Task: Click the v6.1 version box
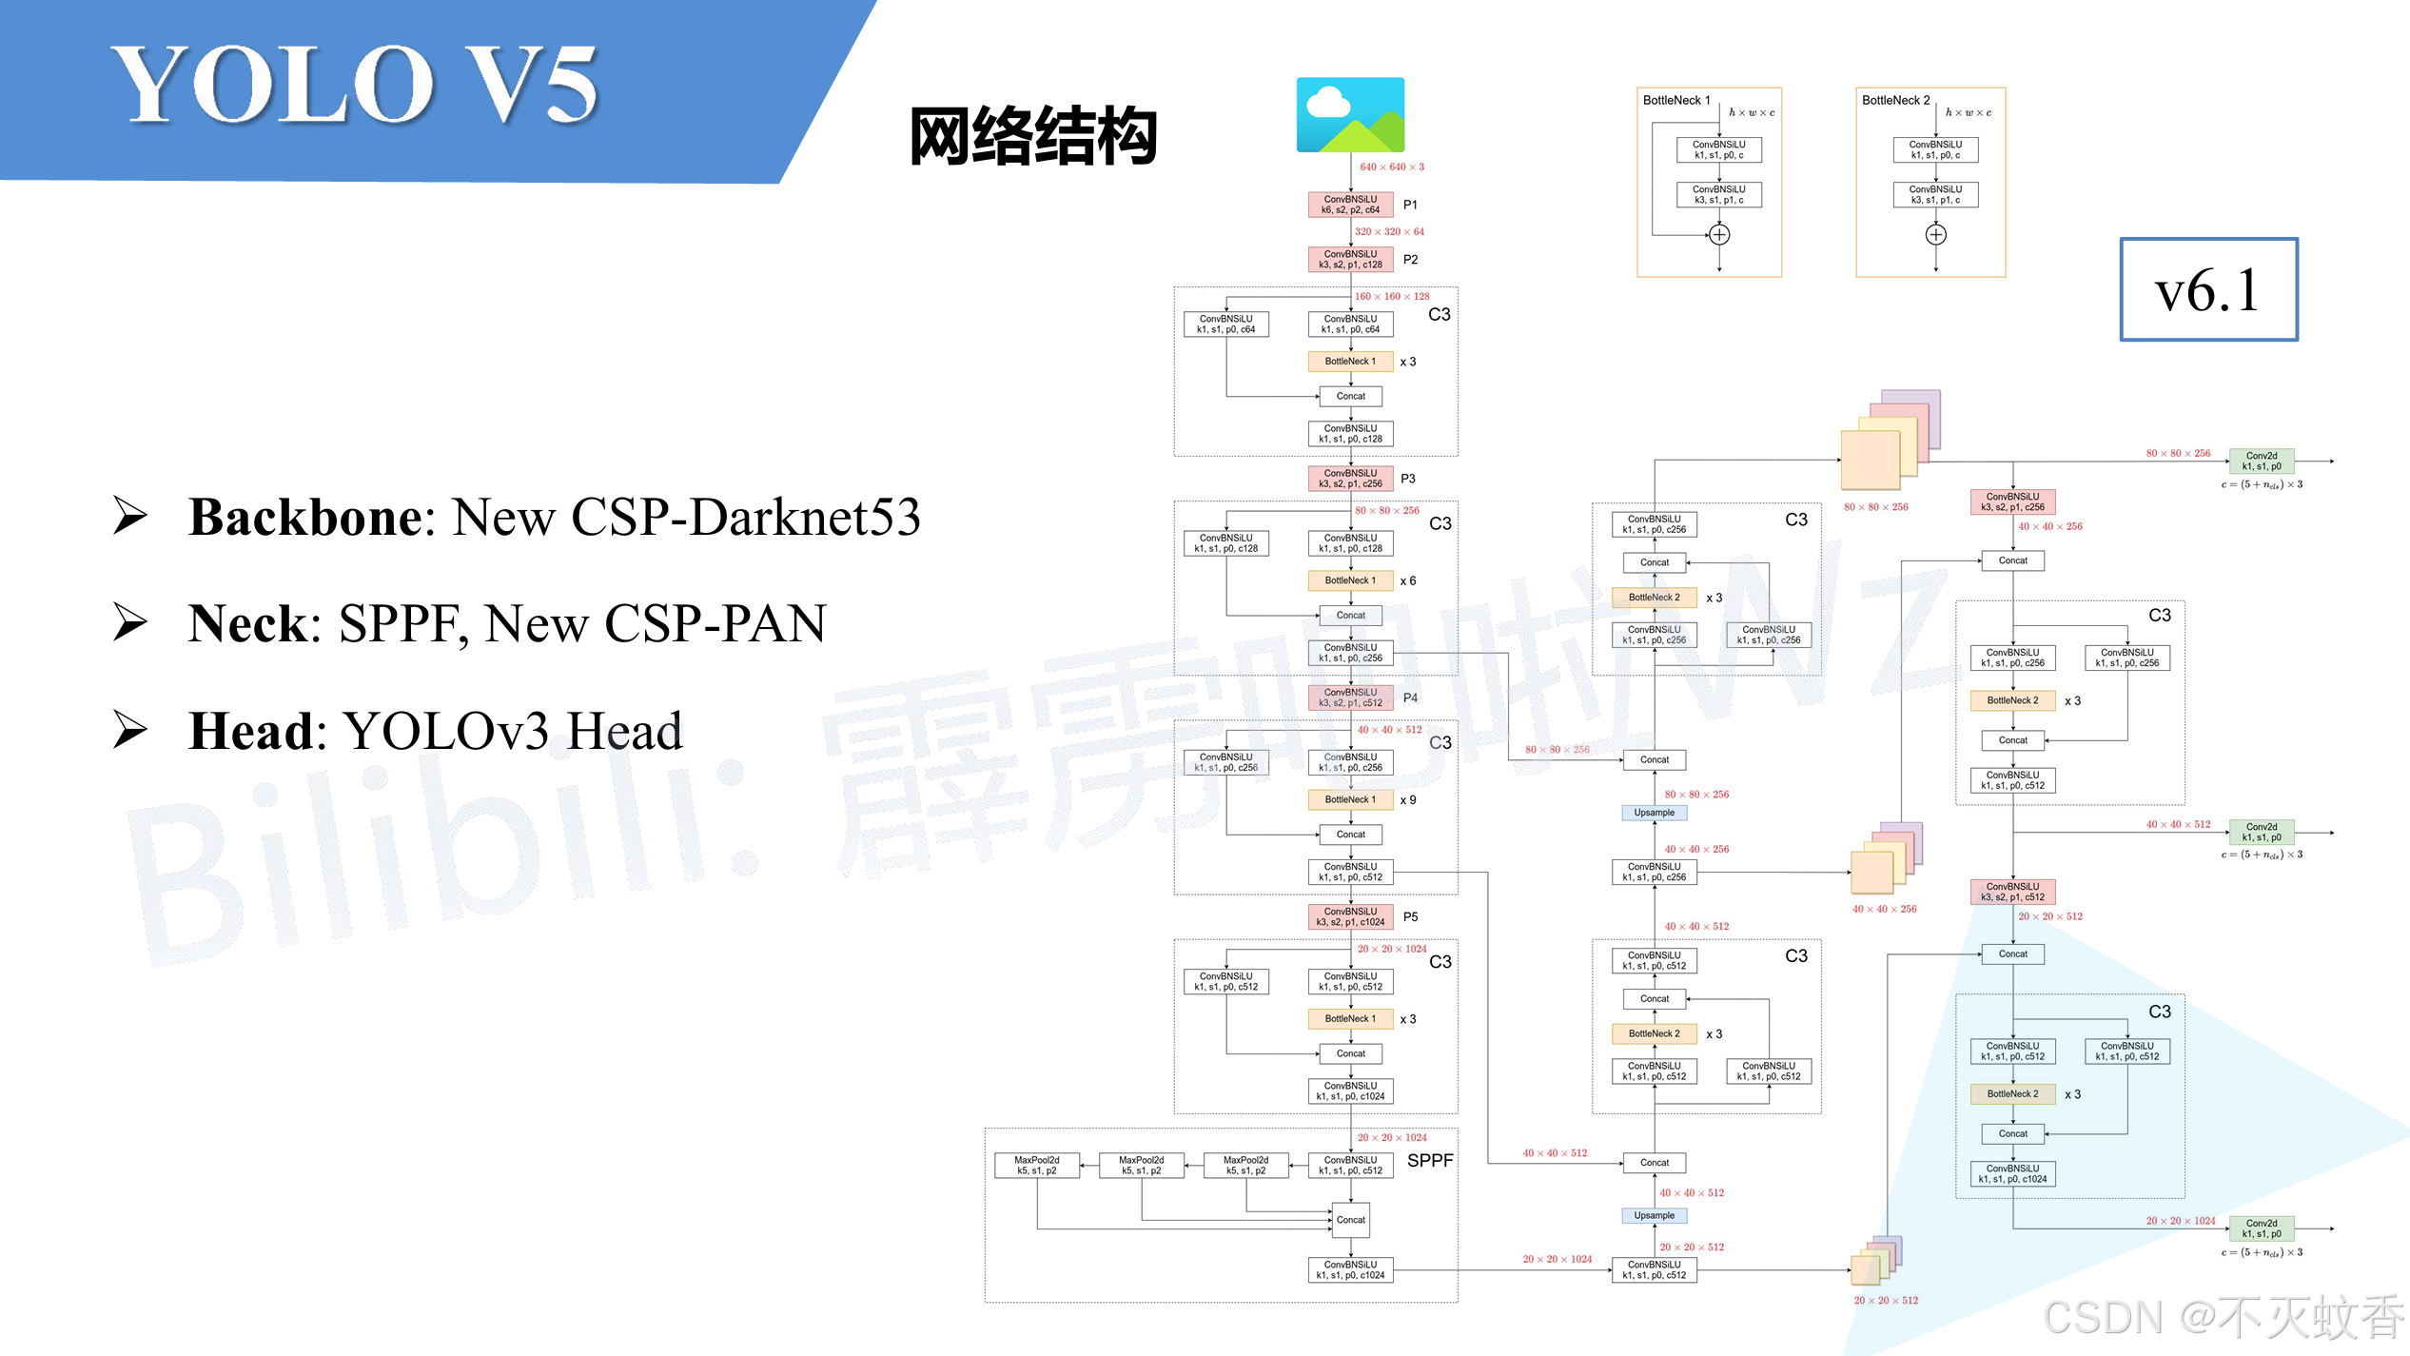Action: point(2208,289)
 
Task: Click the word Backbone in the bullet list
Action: point(304,518)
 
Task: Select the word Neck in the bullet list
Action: point(249,624)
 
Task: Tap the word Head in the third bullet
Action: point(251,732)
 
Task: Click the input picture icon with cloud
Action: point(1350,115)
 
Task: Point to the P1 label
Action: point(1410,205)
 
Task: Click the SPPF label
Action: point(1429,1161)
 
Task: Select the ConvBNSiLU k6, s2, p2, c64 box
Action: point(1350,205)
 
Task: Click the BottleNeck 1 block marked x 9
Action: point(1350,800)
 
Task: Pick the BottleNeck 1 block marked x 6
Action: point(1350,580)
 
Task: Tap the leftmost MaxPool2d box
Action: point(1036,1166)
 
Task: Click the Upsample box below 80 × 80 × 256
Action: point(1654,813)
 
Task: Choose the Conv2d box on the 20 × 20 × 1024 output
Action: point(2261,1228)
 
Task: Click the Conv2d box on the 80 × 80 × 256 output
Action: point(2261,462)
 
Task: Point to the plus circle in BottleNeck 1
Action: point(1718,235)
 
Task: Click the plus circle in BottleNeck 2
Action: point(1935,235)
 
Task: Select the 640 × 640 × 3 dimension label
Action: point(1391,167)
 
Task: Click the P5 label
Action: point(1410,917)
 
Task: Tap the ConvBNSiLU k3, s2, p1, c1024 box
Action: point(1350,917)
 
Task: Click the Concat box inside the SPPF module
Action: point(1350,1220)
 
